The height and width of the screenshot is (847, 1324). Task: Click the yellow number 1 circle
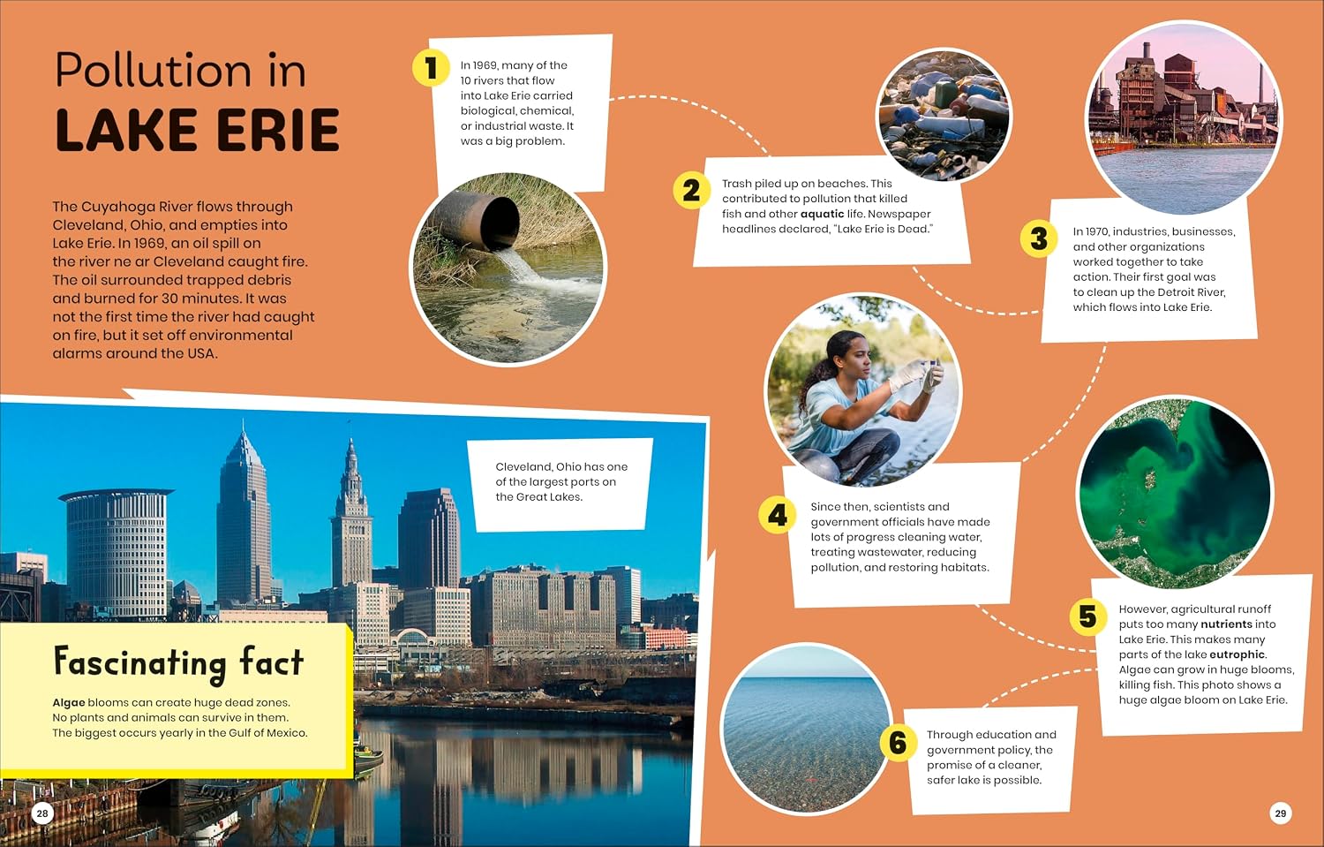(x=431, y=67)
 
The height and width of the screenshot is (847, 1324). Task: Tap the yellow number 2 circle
(x=691, y=191)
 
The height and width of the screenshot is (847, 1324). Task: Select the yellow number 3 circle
(x=1039, y=239)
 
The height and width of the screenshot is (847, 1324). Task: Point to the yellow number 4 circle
(x=778, y=515)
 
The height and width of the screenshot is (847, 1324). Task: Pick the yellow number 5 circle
(x=1088, y=616)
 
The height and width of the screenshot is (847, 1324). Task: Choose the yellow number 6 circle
(x=898, y=742)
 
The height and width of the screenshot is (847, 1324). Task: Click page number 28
(x=42, y=813)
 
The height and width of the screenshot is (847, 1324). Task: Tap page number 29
(x=1280, y=813)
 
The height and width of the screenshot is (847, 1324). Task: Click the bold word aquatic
(x=822, y=214)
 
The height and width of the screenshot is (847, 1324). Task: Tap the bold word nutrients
(x=1227, y=624)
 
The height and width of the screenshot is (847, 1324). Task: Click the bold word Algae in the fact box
(x=69, y=703)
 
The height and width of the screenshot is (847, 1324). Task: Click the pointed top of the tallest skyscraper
(x=243, y=421)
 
